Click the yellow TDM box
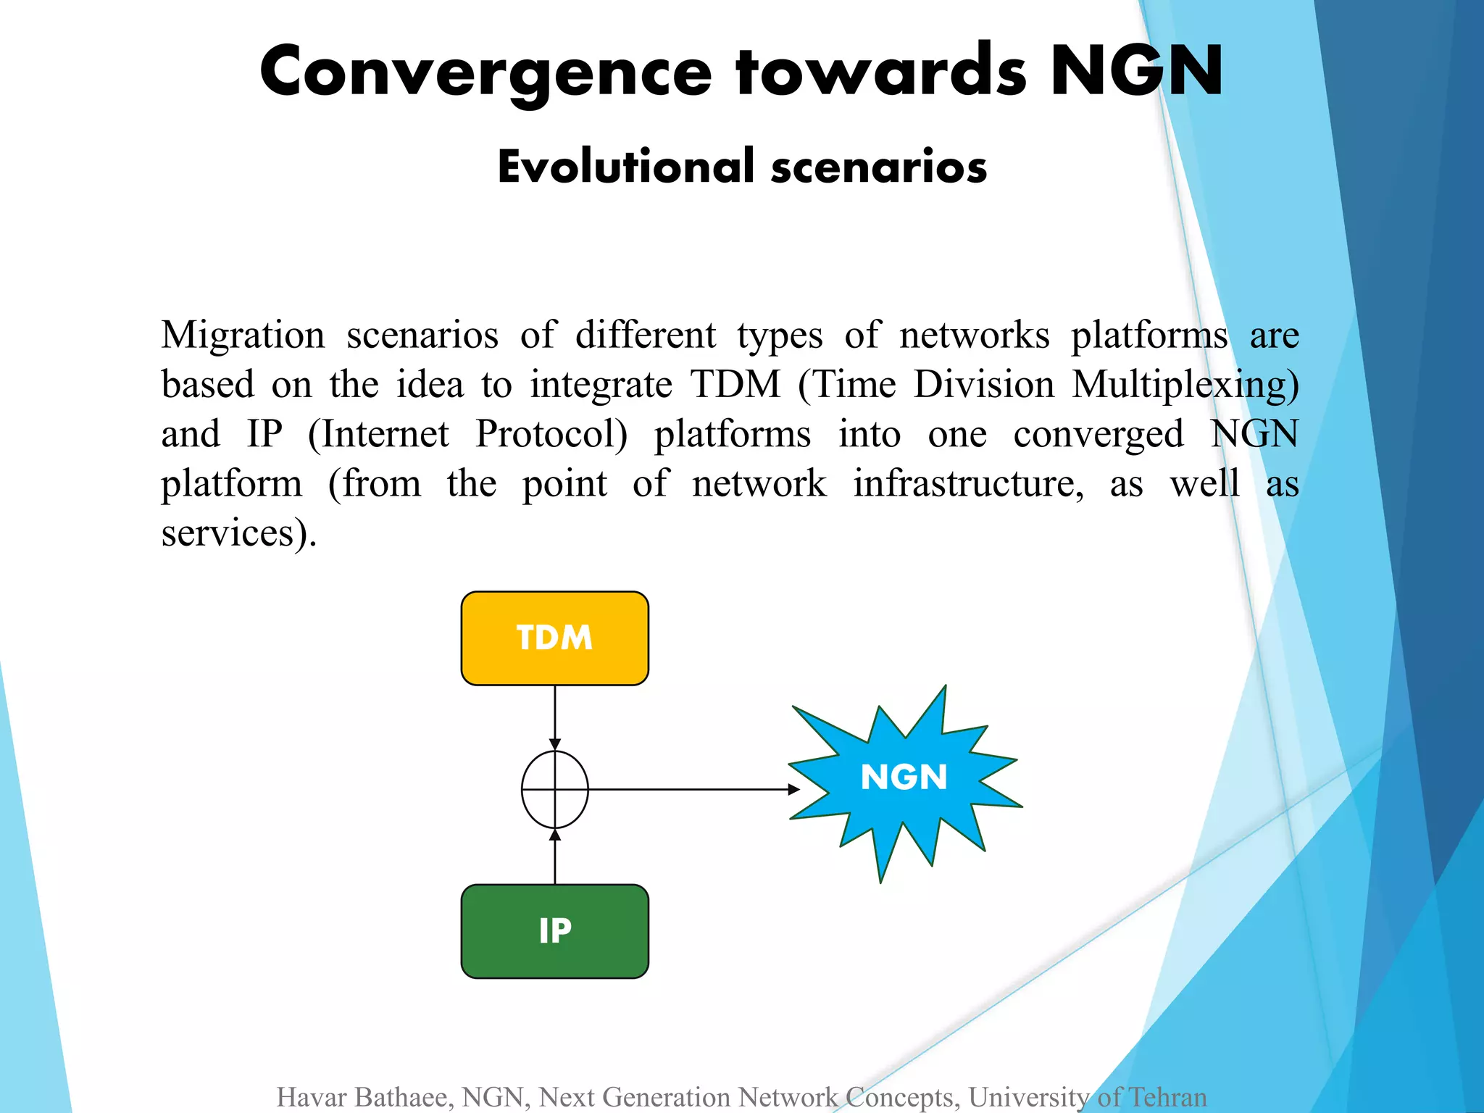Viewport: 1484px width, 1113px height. [554, 638]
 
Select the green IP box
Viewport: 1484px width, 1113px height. [554, 931]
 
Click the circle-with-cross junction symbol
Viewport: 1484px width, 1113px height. [555, 789]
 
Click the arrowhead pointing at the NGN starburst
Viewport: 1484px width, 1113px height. [794, 789]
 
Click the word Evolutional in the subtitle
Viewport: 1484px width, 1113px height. [627, 166]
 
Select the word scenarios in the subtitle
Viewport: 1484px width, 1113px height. [878, 167]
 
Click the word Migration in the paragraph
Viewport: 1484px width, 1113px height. [243, 335]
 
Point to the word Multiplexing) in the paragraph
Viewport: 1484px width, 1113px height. [1185, 385]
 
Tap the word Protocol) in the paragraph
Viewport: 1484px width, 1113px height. [551, 435]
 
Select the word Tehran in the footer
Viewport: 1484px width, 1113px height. [1167, 1097]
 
